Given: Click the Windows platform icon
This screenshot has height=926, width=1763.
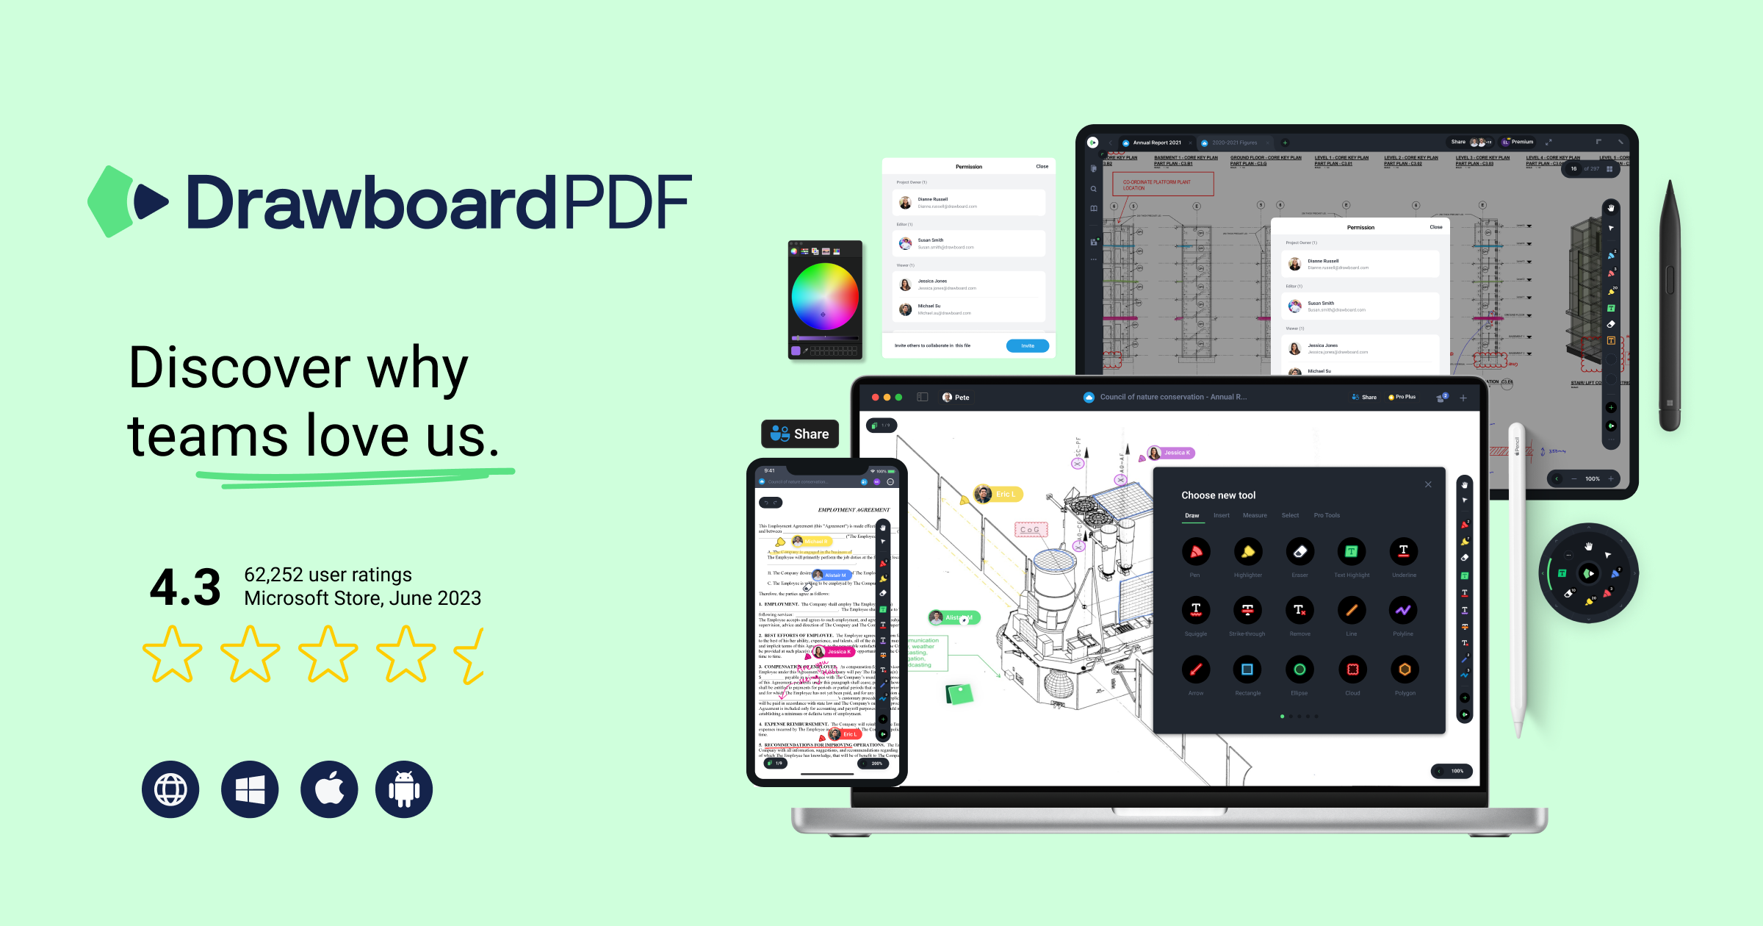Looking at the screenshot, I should (x=250, y=790).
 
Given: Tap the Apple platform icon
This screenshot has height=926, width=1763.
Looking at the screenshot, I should (x=329, y=790).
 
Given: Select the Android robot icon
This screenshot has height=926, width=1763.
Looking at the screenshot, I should (x=404, y=790).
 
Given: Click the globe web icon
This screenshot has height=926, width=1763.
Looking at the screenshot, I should (x=170, y=790).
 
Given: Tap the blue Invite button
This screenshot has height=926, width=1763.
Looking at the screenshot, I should (x=1027, y=345).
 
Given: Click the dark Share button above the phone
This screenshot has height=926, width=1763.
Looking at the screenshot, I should (x=800, y=434).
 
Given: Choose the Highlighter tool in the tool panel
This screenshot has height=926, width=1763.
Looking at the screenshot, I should (x=1247, y=552).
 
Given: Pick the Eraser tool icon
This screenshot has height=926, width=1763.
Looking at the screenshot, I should (x=1299, y=552).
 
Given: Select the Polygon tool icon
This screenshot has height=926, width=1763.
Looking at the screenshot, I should (x=1405, y=670).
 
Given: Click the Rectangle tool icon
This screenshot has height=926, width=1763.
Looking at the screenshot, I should (x=1247, y=670).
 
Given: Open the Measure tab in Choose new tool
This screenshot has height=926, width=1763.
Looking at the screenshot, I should (x=1255, y=516).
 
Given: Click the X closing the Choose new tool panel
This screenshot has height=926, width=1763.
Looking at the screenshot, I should (x=1428, y=484).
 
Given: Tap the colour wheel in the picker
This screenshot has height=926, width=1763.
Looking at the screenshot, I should (x=825, y=296).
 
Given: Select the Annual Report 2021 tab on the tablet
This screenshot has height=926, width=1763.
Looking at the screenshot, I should (x=1156, y=143).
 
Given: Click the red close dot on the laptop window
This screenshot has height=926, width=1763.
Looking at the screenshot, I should (x=875, y=398).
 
